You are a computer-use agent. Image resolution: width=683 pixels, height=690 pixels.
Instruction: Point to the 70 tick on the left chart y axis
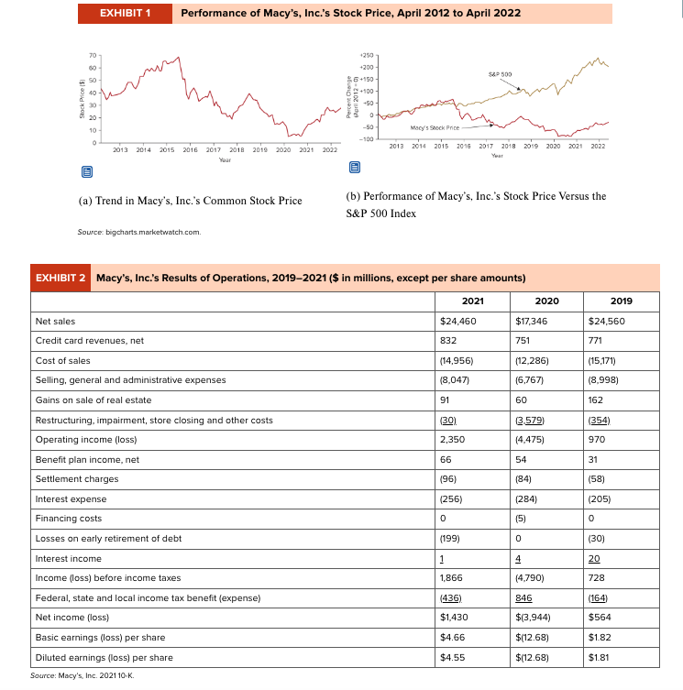[93, 56]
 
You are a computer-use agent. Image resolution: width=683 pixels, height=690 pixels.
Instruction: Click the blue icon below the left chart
[86, 170]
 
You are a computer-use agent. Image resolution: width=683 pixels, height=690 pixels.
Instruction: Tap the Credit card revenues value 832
[451, 341]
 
